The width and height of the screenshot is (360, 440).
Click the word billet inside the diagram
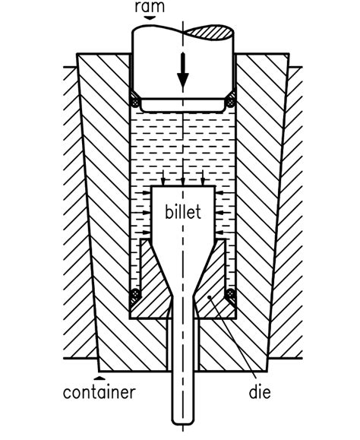pyautogui.click(x=183, y=212)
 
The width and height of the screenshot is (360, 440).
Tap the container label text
pyautogui.click(x=99, y=393)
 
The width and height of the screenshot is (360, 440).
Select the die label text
pyautogui.click(x=259, y=393)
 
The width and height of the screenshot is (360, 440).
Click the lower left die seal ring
pyautogui.click(x=135, y=293)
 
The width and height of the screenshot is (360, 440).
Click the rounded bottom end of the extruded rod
pyautogui.click(x=183, y=420)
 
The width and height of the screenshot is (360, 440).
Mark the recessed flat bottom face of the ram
pyautogui.click(x=183, y=106)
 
